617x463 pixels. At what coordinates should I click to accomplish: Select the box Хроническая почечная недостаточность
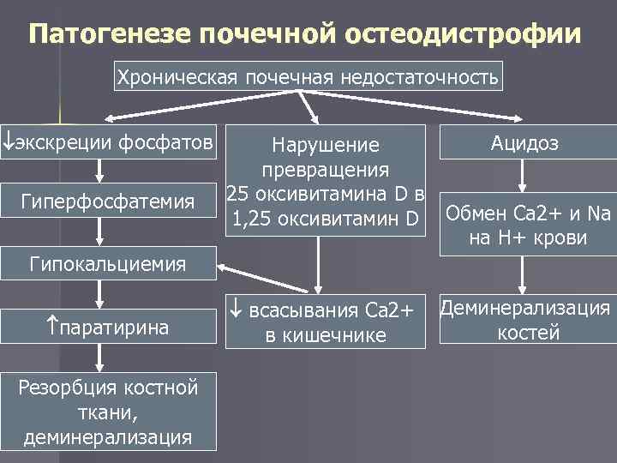click(308, 77)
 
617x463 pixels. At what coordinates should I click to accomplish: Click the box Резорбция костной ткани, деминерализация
click(108, 412)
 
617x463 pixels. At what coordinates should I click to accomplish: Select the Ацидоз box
click(524, 143)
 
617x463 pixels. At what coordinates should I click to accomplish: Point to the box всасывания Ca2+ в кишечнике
click(326, 321)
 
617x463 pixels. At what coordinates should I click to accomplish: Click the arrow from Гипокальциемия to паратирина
click(101, 294)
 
